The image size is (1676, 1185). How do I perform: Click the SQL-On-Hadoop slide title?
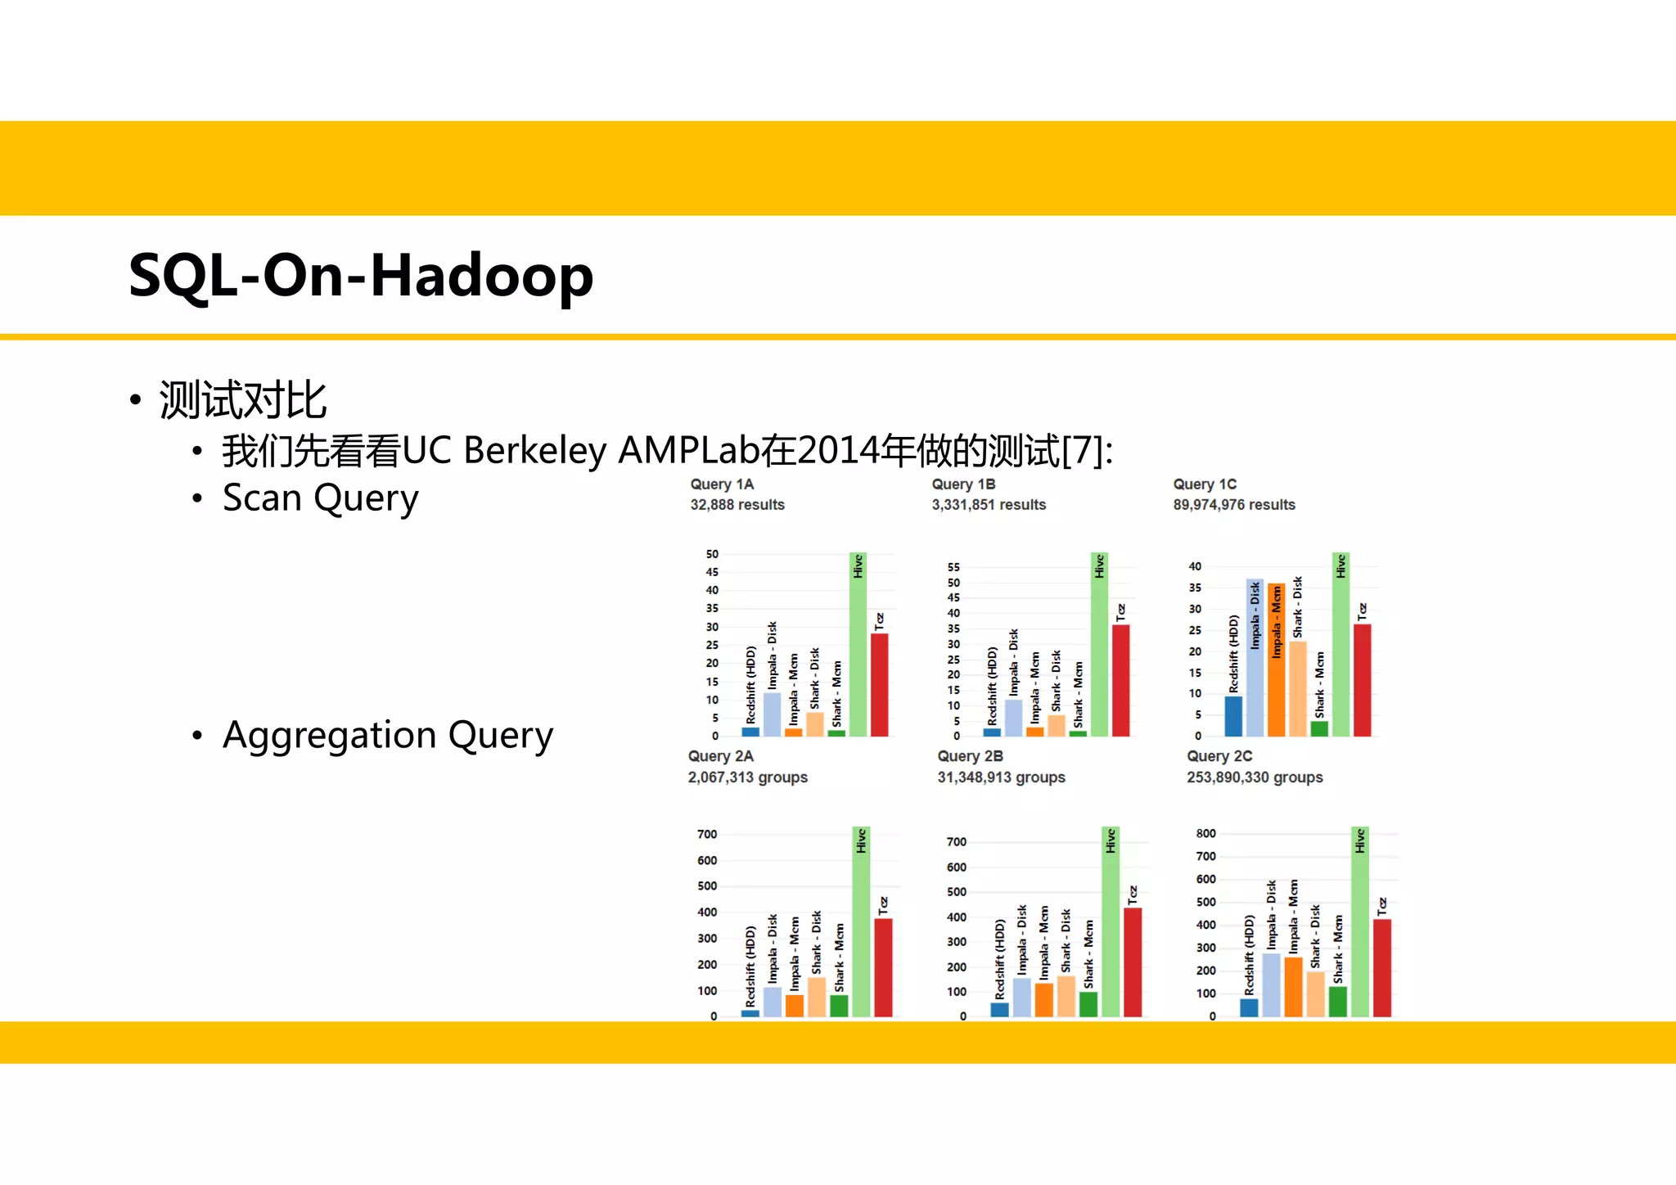(361, 276)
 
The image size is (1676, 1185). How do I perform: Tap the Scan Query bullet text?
(320, 498)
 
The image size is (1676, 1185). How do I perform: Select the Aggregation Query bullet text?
(387, 735)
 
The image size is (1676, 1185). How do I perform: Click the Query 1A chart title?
(722, 484)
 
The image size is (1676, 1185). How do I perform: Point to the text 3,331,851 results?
(989, 505)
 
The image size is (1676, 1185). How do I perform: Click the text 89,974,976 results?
(1234, 505)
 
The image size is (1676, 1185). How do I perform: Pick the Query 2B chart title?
(970, 756)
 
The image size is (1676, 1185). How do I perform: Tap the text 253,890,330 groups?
(1255, 777)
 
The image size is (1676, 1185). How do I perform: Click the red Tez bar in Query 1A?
(879, 687)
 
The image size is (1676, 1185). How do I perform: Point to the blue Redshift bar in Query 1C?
(1233, 717)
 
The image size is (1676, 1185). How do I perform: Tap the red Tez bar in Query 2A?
(883, 970)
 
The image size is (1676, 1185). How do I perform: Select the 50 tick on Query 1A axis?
(712, 554)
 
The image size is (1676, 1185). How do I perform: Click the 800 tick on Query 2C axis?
(1205, 833)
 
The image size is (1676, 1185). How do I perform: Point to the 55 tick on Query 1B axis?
(953, 567)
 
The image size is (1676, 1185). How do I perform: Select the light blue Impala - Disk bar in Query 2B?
(1022, 998)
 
